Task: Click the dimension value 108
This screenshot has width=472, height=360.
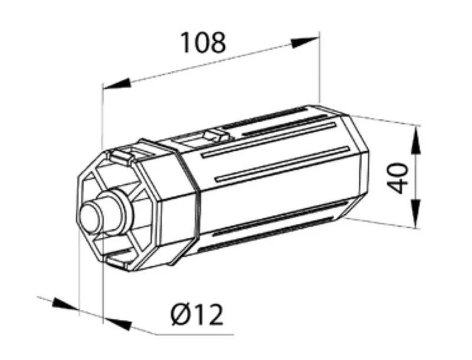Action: [x=203, y=42]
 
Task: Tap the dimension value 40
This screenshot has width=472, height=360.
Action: [x=398, y=178]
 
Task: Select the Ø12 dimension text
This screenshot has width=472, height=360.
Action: [x=197, y=315]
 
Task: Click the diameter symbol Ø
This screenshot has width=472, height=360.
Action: [x=181, y=315]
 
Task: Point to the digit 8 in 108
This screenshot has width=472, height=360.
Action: [x=217, y=42]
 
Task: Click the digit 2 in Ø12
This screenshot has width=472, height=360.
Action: [x=215, y=315]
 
